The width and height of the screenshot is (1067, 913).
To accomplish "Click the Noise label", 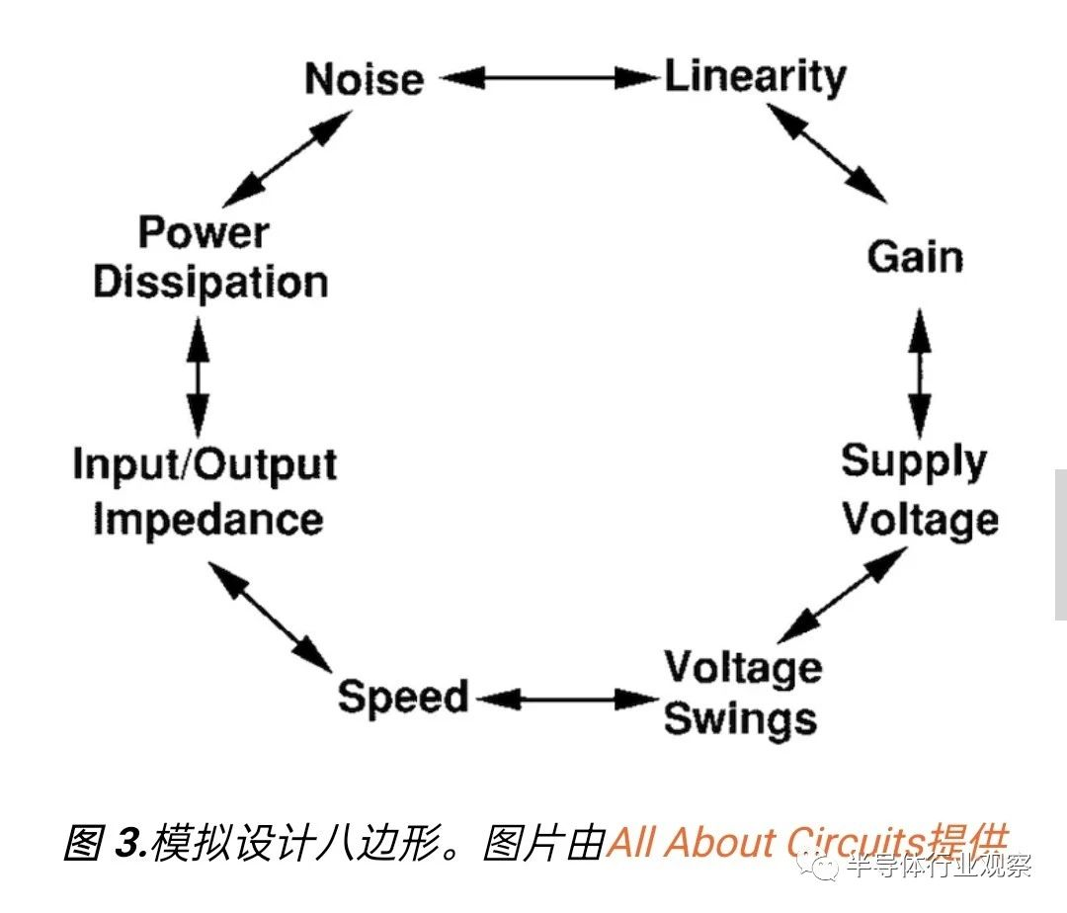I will tap(364, 79).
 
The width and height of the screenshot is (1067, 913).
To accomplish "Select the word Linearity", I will tap(755, 77).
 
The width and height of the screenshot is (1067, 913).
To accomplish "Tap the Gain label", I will tap(915, 257).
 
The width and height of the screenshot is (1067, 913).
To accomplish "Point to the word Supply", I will tap(914, 462).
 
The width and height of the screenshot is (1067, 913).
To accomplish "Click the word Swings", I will tap(740, 718).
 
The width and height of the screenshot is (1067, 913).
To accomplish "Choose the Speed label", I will tap(403, 697).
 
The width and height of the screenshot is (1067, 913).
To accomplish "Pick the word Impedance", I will tap(207, 520).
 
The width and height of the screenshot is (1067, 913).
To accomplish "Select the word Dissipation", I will tap(210, 283).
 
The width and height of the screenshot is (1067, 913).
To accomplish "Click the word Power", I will tap(203, 233).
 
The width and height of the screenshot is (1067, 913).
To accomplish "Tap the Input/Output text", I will tap(205, 465).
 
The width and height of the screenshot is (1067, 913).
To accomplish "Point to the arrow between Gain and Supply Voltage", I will tap(920, 373).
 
